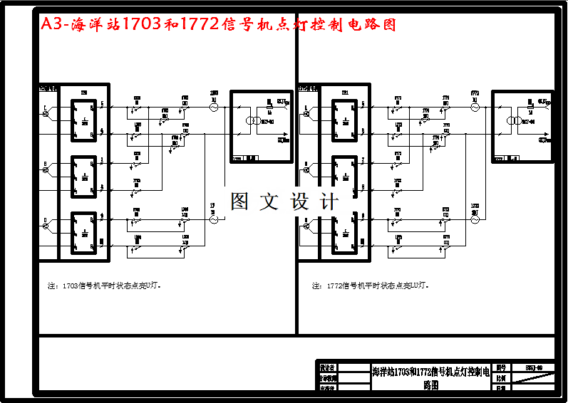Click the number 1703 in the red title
tap(142, 25)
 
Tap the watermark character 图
tap(239, 201)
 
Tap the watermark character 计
tap(330, 201)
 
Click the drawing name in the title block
tap(430, 377)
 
